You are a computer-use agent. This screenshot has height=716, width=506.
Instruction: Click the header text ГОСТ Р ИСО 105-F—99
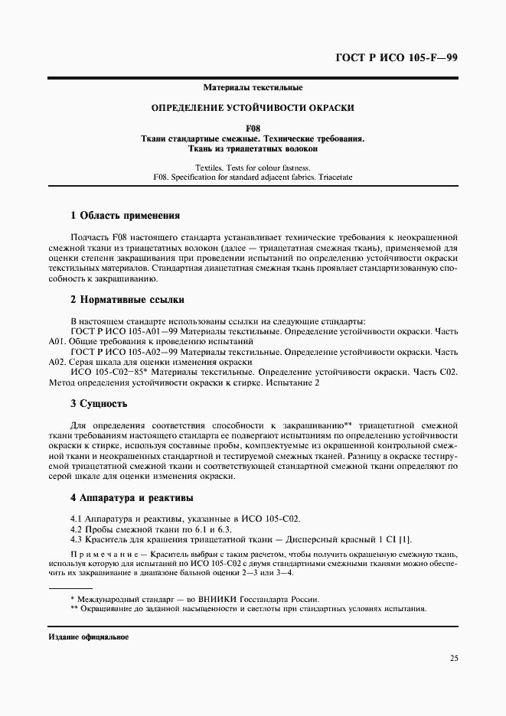tap(397, 59)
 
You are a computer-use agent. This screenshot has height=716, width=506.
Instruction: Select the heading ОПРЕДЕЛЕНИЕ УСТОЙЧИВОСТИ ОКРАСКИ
tap(253, 109)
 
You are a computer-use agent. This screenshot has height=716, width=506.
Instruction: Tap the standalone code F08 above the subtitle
tap(253, 129)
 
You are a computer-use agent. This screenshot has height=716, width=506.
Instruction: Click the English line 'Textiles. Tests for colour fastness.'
tap(253, 167)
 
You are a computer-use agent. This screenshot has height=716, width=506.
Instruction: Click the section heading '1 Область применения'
tap(124, 216)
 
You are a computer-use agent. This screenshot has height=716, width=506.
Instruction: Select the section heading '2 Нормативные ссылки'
tap(126, 300)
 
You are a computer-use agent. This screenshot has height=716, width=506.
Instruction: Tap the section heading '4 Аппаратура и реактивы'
tap(132, 499)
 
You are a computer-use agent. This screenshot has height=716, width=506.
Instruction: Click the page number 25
tap(453, 657)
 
